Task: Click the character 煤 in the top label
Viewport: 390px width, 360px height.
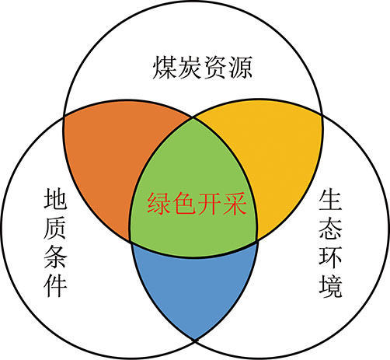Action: click(x=165, y=68)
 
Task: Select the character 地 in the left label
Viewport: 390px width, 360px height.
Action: click(x=55, y=198)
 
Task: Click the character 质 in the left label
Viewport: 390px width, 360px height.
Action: click(x=55, y=228)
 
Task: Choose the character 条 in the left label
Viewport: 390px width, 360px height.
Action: click(x=55, y=257)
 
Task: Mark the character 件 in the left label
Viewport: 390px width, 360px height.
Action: click(x=55, y=285)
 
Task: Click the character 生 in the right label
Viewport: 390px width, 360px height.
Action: click(x=330, y=199)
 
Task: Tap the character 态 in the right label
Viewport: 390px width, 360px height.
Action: click(x=330, y=228)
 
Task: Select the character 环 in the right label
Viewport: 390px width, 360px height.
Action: click(x=330, y=257)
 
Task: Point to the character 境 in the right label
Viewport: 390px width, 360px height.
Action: click(x=330, y=286)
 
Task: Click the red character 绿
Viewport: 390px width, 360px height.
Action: click(x=159, y=204)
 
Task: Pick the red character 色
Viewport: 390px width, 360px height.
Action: click(x=184, y=204)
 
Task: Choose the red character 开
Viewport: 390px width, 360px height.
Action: click(x=209, y=204)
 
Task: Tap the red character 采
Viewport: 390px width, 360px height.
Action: click(x=235, y=204)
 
